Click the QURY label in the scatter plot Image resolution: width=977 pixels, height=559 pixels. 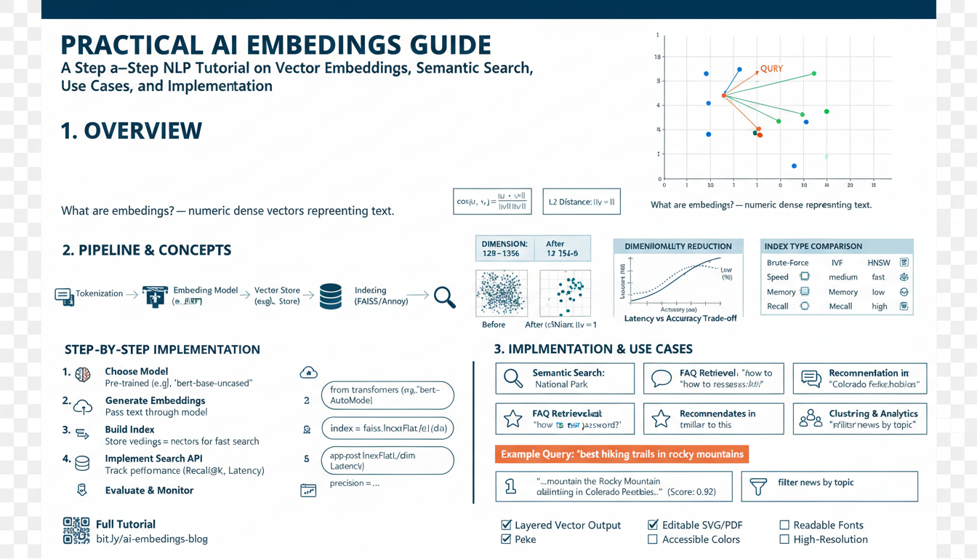[x=771, y=69]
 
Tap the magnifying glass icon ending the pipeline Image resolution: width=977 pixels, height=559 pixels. [x=444, y=296]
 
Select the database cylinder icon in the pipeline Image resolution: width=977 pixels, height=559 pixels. [x=331, y=296]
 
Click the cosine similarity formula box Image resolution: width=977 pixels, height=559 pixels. [x=492, y=202]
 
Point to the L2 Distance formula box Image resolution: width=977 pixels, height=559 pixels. [x=582, y=202]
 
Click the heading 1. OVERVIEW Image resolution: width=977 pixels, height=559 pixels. [x=132, y=131]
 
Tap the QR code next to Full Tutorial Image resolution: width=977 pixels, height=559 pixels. [x=76, y=531]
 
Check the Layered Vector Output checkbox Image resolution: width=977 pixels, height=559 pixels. [x=506, y=525]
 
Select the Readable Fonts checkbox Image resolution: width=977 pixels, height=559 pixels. [x=784, y=525]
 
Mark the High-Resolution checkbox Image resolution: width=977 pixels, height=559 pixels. [x=784, y=539]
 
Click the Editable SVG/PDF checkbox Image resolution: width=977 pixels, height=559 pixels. [x=653, y=525]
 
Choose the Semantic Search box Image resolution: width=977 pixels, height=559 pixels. [x=564, y=378]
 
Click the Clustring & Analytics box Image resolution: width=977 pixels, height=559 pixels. [x=859, y=419]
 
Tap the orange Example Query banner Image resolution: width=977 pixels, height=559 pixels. [x=622, y=454]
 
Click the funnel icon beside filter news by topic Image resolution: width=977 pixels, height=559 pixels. [x=758, y=487]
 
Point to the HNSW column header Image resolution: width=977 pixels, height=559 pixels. [x=878, y=262]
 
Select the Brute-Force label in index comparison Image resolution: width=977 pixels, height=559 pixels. [x=787, y=262]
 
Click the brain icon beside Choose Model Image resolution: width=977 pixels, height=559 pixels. [x=83, y=374]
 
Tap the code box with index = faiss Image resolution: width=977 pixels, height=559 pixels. [x=387, y=429]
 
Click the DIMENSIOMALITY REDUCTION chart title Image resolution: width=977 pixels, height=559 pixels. [x=678, y=247]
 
